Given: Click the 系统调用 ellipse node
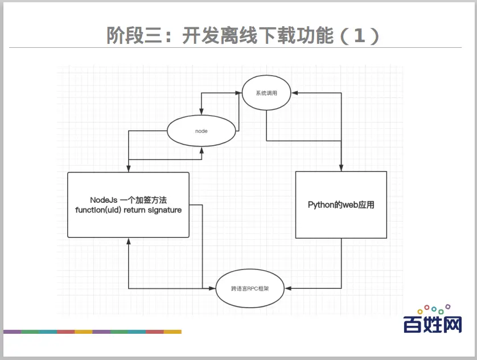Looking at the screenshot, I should (266, 93).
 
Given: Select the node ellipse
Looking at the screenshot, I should (202, 131).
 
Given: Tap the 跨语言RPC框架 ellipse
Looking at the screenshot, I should (250, 289).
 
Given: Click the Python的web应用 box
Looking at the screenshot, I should (341, 204).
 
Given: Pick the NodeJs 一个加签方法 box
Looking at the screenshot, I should (128, 204).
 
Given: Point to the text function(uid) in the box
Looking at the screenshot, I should (96, 210).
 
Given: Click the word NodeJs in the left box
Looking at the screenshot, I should (104, 200).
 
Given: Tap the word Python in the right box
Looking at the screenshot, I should (322, 205).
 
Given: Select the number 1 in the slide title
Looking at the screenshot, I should (359, 35).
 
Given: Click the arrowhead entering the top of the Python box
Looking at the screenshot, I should (341, 168).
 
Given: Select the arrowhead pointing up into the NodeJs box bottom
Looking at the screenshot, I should (129, 240).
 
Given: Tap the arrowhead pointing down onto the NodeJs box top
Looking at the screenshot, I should (129, 169).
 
